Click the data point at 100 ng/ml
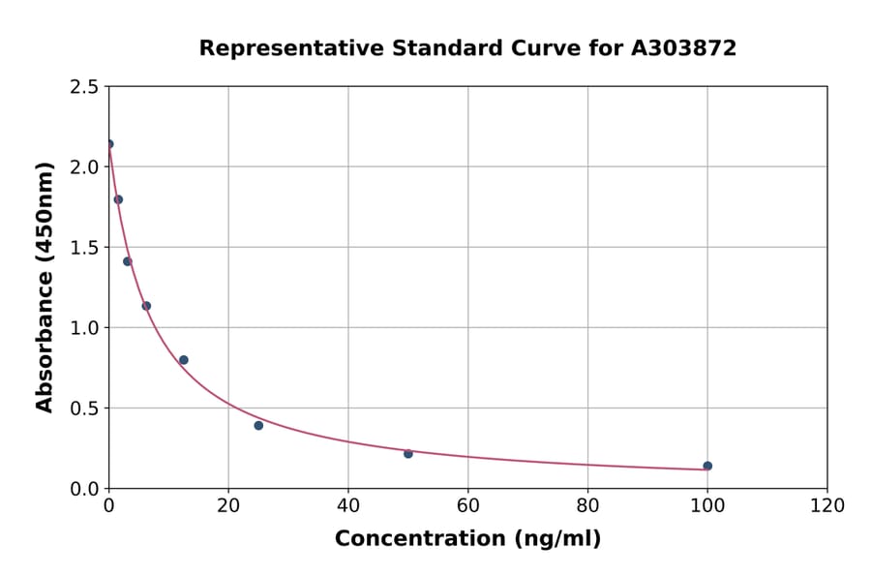click(x=707, y=466)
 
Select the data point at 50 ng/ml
click(x=408, y=453)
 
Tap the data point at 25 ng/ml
click(x=258, y=425)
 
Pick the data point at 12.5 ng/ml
click(x=184, y=360)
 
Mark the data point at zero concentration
click(x=109, y=144)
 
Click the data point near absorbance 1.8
click(x=118, y=199)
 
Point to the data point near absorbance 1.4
click(x=128, y=261)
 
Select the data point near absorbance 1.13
click(x=146, y=306)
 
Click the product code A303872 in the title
click(x=684, y=48)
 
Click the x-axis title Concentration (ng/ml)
click(x=467, y=539)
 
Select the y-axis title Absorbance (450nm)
click(x=45, y=287)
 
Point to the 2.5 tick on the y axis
click(x=84, y=87)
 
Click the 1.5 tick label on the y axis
click(x=84, y=248)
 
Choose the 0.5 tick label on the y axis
click(x=84, y=409)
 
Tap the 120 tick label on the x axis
click(x=826, y=505)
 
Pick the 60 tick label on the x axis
click(x=467, y=505)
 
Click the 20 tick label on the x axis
click(x=228, y=505)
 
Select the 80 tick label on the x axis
click(x=587, y=505)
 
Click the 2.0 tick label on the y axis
click(x=84, y=167)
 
